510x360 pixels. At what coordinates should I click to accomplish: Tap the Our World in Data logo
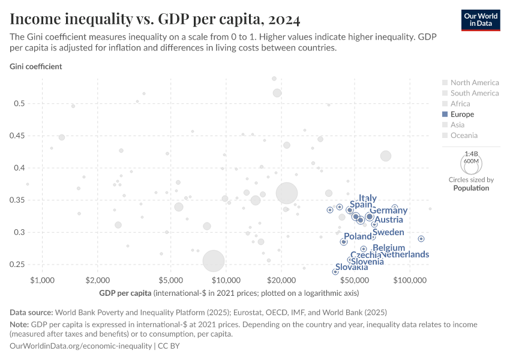[481, 20]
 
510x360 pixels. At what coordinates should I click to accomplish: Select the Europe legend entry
[461, 114]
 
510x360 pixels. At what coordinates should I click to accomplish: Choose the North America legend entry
[474, 83]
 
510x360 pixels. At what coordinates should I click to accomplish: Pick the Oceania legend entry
[465, 135]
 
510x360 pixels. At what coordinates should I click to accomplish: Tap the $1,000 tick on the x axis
[42, 281]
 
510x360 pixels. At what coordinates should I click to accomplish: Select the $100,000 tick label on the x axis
[410, 281]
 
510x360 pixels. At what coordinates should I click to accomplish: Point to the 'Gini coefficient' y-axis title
[35, 67]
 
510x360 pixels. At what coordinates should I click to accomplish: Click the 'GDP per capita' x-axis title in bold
[125, 293]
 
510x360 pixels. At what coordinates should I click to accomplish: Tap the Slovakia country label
[352, 267]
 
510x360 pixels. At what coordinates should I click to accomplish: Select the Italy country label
[367, 198]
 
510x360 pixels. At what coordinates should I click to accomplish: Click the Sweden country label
[388, 232]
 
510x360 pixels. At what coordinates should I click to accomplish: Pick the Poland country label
[358, 236]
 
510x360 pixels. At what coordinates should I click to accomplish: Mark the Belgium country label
[389, 248]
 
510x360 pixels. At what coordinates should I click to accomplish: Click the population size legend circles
[471, 162]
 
